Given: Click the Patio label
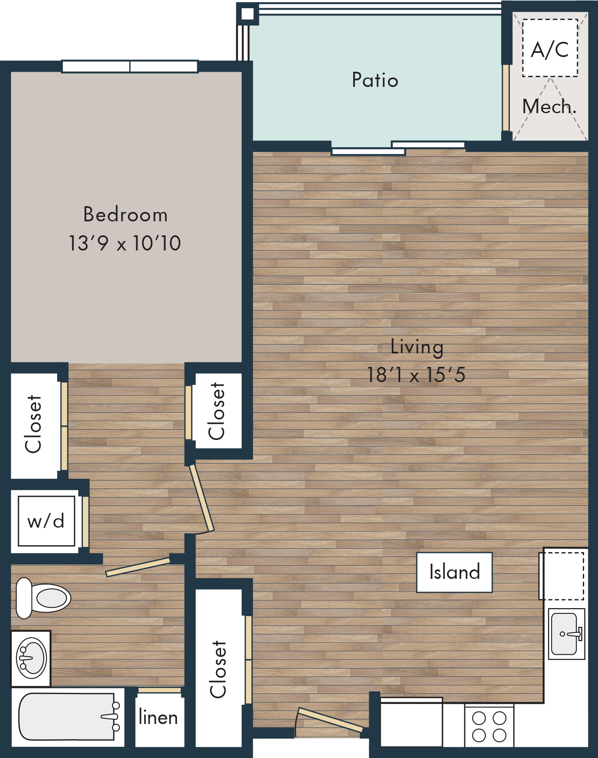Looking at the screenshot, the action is [x=375, y=80].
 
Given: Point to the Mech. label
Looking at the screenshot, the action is [x=549, y=107].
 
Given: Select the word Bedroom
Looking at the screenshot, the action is [x=126, y=214].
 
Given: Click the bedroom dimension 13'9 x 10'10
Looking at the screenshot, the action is [x=125, y=243].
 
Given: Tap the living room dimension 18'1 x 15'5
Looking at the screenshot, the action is [x=416, y=375].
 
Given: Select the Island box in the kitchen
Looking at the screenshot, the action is [x=454, y=572].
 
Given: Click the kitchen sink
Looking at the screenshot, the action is [x=567, y=634].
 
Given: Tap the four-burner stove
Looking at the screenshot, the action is [x=489, y=726].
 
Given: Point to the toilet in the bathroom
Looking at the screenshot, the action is [x=43, y=598].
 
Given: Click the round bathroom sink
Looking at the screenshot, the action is [x=31, y=658].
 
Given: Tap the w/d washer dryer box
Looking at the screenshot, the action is [x=46, y=521].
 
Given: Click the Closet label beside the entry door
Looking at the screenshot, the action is [x=218, y=669].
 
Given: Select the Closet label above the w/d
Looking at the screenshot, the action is [x=33, y=424].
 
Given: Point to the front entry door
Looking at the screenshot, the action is [x=330, y=720].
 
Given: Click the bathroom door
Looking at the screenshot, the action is [x=138, y=567].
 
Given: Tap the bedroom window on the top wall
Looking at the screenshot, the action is [x=130, y=66].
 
